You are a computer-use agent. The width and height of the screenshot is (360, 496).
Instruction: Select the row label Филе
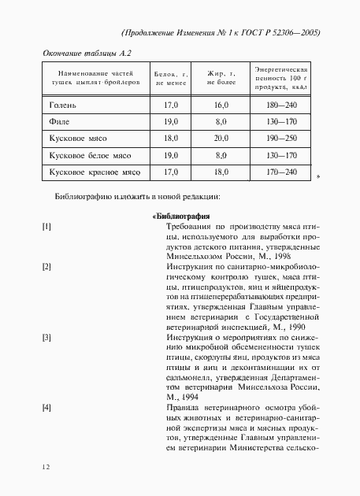59,121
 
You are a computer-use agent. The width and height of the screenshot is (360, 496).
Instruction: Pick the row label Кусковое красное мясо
94,172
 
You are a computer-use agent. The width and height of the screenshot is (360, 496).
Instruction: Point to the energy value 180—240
281,104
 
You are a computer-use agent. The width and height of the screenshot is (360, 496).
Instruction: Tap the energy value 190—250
281,138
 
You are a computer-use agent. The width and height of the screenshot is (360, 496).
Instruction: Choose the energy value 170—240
281,172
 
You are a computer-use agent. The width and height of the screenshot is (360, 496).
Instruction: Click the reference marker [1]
46,227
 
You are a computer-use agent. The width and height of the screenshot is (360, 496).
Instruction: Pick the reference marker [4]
46,407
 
